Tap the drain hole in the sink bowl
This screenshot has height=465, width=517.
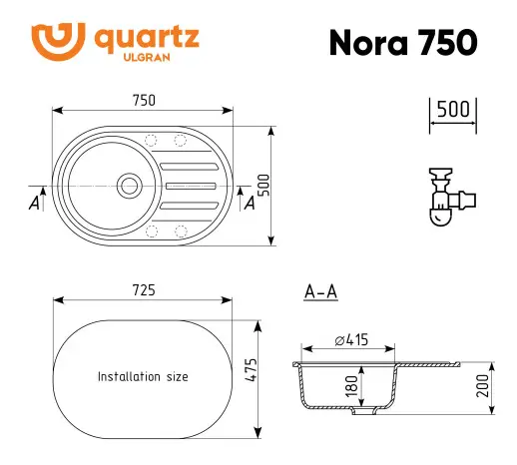(129, 184)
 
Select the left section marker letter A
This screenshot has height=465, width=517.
(35, 204)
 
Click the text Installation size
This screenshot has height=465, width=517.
(143, 377)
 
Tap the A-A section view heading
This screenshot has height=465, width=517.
(319, 291)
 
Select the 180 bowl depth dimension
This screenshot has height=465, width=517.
(351, 386)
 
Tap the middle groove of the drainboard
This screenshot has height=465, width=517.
(190, 185)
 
